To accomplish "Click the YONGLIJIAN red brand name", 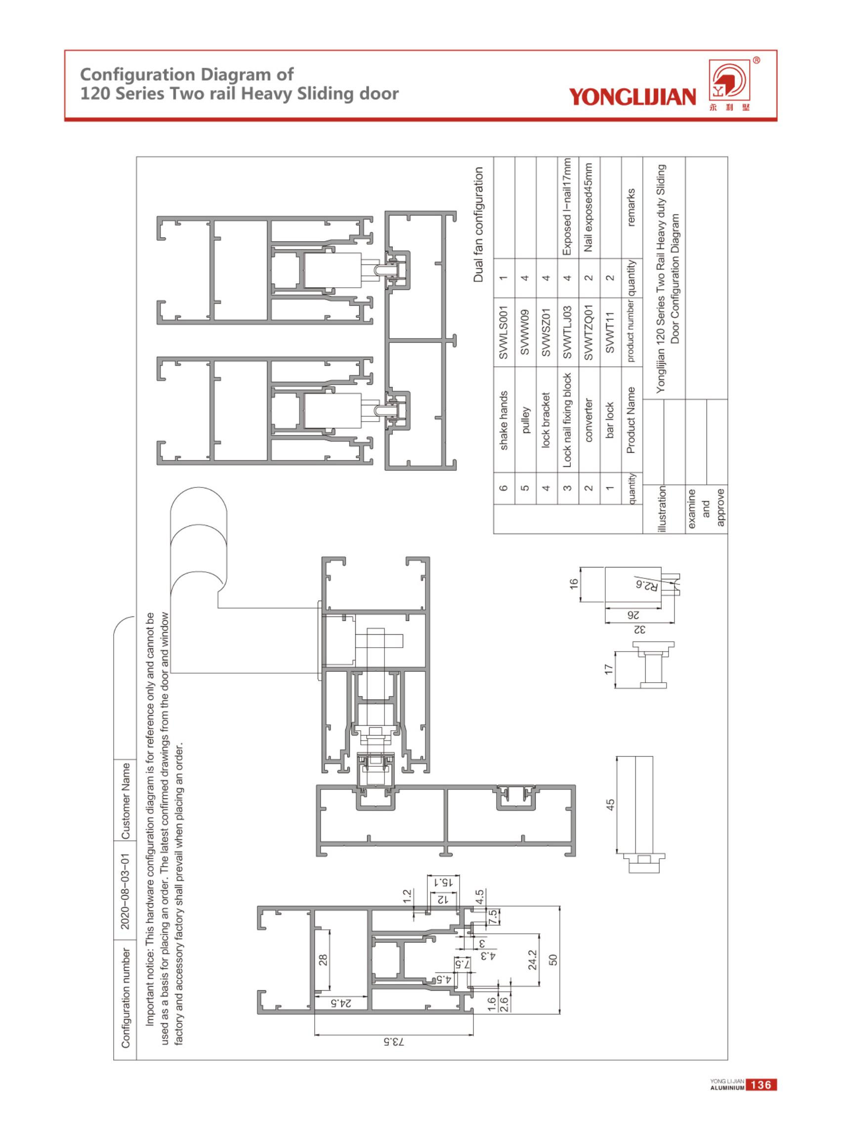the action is pos(632,96).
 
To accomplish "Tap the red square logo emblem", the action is pos(730,83).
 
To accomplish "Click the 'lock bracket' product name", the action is pos(546,420).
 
